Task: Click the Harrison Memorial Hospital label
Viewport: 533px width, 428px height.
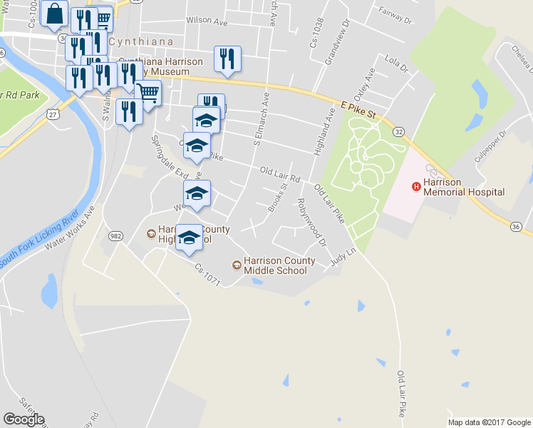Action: tap(464, 187)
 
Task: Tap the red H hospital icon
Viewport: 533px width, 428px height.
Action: tap(416, 187)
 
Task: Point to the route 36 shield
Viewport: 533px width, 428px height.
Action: tap(517, 226)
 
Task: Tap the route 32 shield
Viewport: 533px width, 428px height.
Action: tap(400, 132)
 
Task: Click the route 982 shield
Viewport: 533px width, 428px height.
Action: tap(115, 235)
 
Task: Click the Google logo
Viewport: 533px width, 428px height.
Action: tap(24, 419)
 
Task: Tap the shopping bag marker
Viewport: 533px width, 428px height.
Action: tap(54, 14)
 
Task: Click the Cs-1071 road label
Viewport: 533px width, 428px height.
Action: tap(212, 276)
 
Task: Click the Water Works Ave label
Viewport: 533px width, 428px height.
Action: tap(69, 228)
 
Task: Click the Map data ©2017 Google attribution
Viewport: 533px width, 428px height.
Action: tap(490, 422)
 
